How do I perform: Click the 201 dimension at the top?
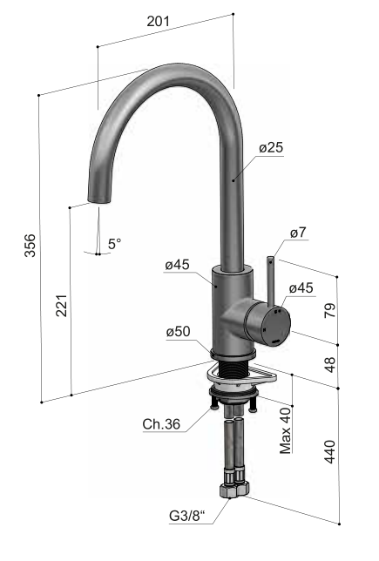(158, 21)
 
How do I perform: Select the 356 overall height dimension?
(30, 245)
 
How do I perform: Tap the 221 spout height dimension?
(62, 306)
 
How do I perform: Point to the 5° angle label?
(114, 244)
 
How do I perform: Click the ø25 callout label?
(271, 147)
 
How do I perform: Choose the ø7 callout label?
(298, 233)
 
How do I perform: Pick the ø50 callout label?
(179, 331)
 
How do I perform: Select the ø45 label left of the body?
(177, 265)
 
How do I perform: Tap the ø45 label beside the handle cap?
(301, 287)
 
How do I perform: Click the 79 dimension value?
(330, 310)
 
